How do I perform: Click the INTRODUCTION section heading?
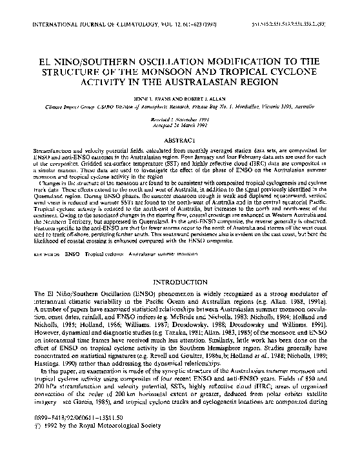coord(181,284)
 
